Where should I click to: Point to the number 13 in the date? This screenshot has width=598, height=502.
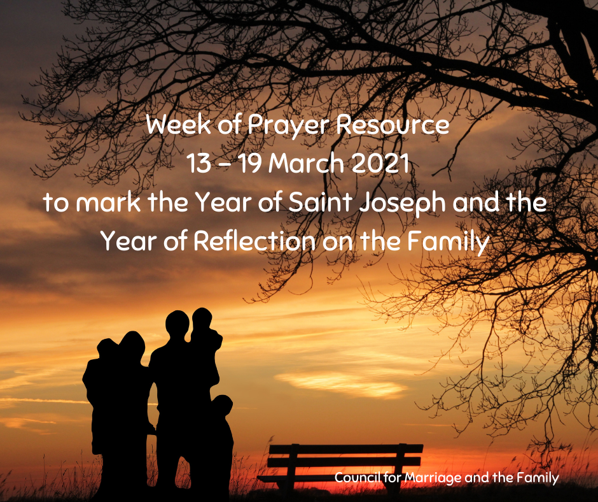[x=198, y=163]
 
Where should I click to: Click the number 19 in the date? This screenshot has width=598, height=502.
[x=249, y=163]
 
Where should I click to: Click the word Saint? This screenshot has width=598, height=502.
[x=320, y=202]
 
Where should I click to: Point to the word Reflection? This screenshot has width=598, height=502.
[x=254, y=241]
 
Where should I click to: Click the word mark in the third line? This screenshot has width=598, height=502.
[x=108, y=202]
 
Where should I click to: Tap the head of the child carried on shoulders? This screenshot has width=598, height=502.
[x=202, y=319]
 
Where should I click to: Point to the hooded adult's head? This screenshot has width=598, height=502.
[x=132, y=346]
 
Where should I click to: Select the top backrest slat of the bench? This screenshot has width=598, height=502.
[x=346, y=449]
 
